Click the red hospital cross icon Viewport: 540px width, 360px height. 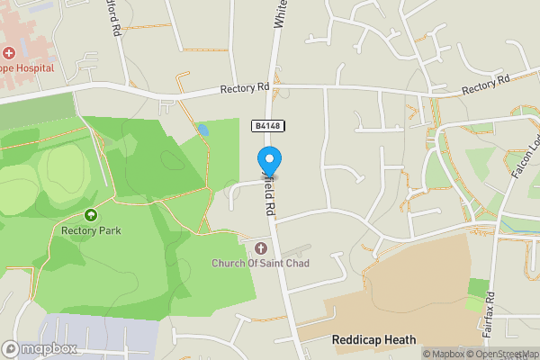click(9, 54)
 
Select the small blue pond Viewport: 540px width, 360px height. click(203, 130)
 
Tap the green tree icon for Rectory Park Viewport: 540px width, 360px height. click(91, 215)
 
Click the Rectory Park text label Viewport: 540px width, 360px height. click(91, 230)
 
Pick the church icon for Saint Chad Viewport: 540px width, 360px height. click(262, 247)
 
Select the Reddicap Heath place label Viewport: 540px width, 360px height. click(373, 339)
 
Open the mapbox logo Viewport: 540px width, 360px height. click(39, 348)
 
